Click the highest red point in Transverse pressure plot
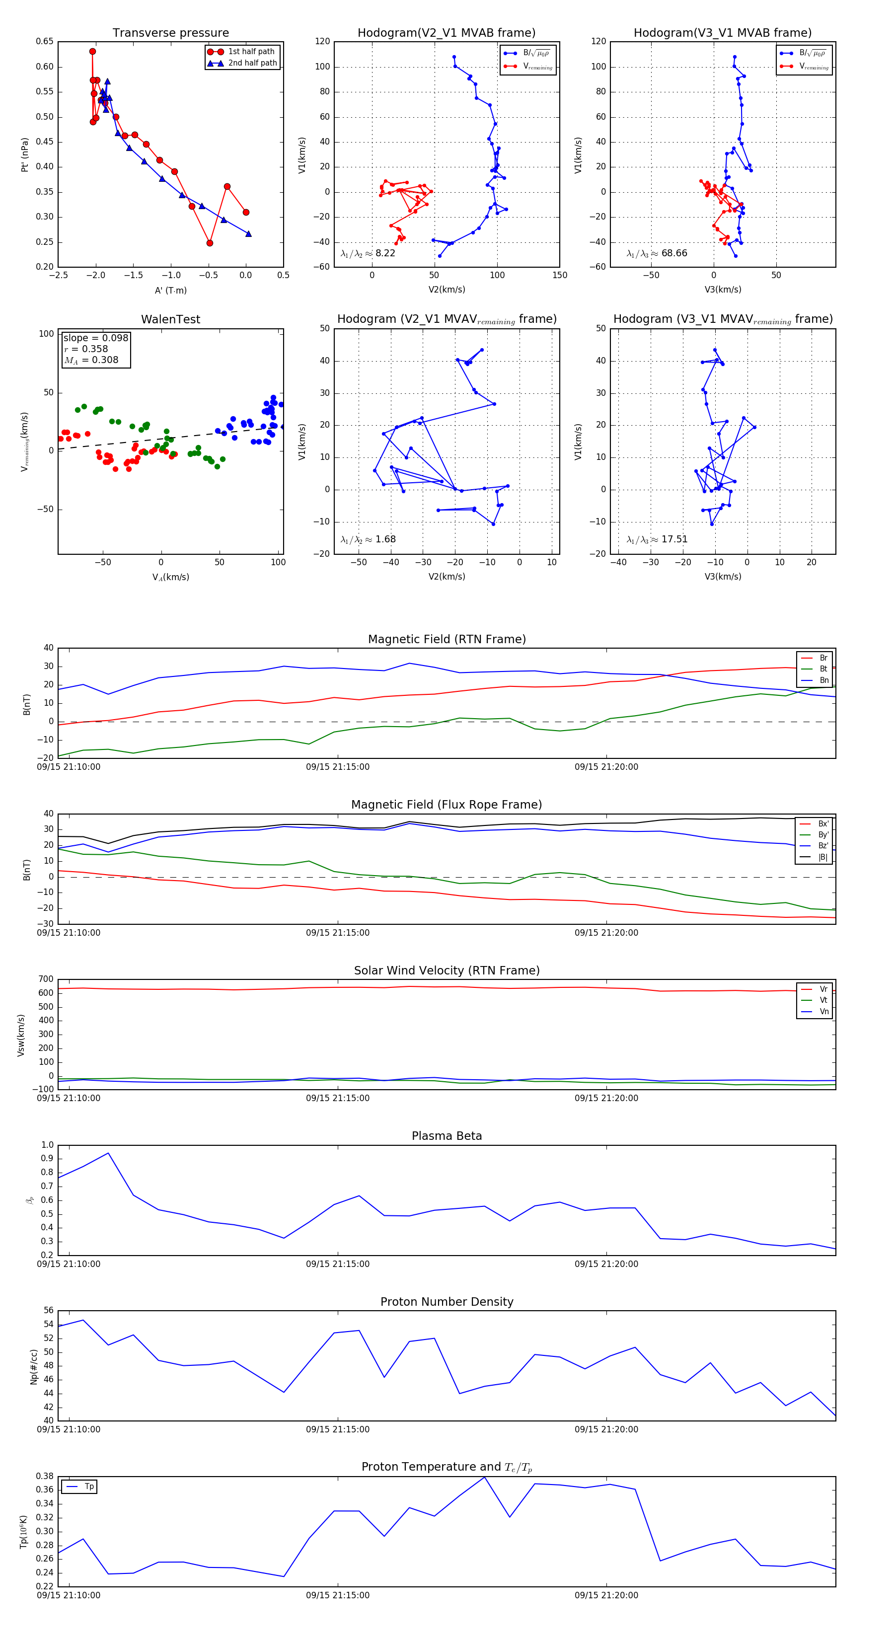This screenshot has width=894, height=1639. pos(93,52)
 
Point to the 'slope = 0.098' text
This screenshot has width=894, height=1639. pos(95,338)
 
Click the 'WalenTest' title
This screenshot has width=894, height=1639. pos(170,319)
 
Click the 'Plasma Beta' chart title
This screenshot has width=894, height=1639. pos(447,1136)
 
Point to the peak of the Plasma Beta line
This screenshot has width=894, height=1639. pos(108,1153)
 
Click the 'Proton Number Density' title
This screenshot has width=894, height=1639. pos(447,1301)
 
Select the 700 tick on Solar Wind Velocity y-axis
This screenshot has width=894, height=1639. pos(46,979)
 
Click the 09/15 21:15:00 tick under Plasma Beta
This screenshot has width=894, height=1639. pos(337,1264)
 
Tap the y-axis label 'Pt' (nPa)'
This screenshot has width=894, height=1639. pos(25,154)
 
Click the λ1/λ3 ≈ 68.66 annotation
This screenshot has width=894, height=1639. pos(657,253)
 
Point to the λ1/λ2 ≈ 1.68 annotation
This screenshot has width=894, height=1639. pos(368,539)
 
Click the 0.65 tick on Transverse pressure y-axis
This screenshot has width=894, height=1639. pos(45,41)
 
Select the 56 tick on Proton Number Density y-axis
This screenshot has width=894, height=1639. pos(48,1310)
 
